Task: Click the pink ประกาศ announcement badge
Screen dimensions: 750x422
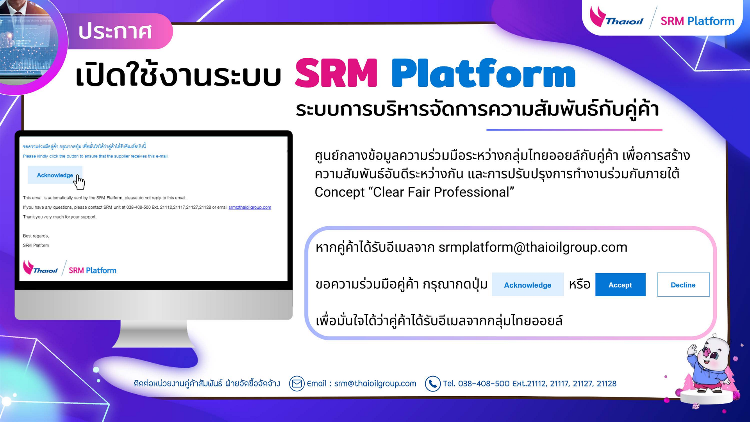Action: pos(117,31)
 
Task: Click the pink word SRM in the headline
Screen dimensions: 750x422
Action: pos(336,73)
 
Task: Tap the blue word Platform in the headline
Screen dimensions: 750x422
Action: pos(484,73)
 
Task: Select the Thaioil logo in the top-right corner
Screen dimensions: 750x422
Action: pos(616,18)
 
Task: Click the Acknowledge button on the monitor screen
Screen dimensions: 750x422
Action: pos(55,175)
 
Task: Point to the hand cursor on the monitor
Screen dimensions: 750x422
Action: pos(80,182)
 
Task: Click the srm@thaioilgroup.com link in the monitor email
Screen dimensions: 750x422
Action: pos(250,207)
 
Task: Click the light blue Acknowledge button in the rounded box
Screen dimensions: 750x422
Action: pos(528,285)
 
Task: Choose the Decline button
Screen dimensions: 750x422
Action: pos(683,285)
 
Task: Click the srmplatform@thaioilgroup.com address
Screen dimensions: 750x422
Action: pos(533,247)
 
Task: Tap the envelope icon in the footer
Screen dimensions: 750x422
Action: pos(297,384)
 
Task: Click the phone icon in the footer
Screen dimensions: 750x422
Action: pos(433,384)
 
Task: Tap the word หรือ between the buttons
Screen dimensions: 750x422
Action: pos(580,284)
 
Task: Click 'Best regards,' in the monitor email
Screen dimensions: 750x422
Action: pos(36,236)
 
